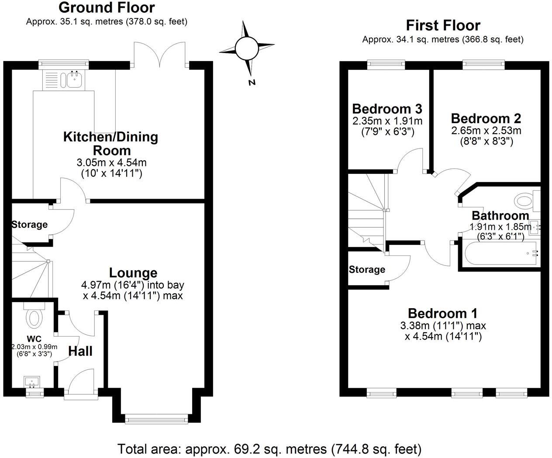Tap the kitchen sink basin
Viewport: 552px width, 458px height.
tap(72, 79)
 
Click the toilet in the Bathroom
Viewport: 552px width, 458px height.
tap(524, 201)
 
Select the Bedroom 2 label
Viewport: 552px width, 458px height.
tap(486, 118)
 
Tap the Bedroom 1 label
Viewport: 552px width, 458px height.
tap(442, 313)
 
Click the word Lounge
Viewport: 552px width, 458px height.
tap(133, 273)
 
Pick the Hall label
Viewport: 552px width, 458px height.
tap(80, 351)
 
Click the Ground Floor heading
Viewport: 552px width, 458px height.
tap(106, 7)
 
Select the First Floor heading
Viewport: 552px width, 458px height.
tap(443, 25)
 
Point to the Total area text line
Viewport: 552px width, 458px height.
tap(269, 448)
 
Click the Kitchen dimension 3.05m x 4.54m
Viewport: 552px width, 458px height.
tap(111, 163)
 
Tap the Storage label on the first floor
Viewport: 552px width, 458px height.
tap(367, 270)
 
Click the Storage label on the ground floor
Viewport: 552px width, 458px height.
tap(29, 224)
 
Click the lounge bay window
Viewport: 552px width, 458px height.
tap(156, 420)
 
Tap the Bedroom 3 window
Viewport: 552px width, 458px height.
tap(386, 64)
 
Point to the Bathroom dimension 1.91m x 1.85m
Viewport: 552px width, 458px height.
tap(500, 227)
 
